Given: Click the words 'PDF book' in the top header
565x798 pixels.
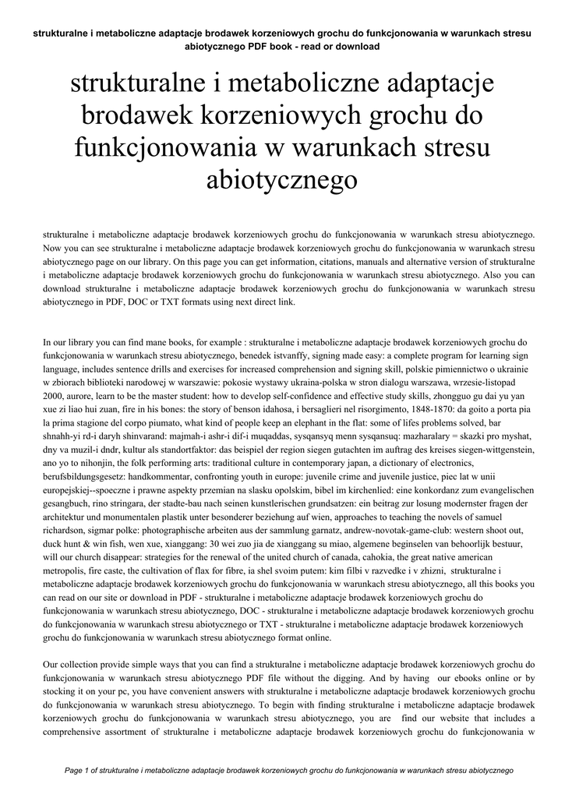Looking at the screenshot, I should click(x=264, y=46).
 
